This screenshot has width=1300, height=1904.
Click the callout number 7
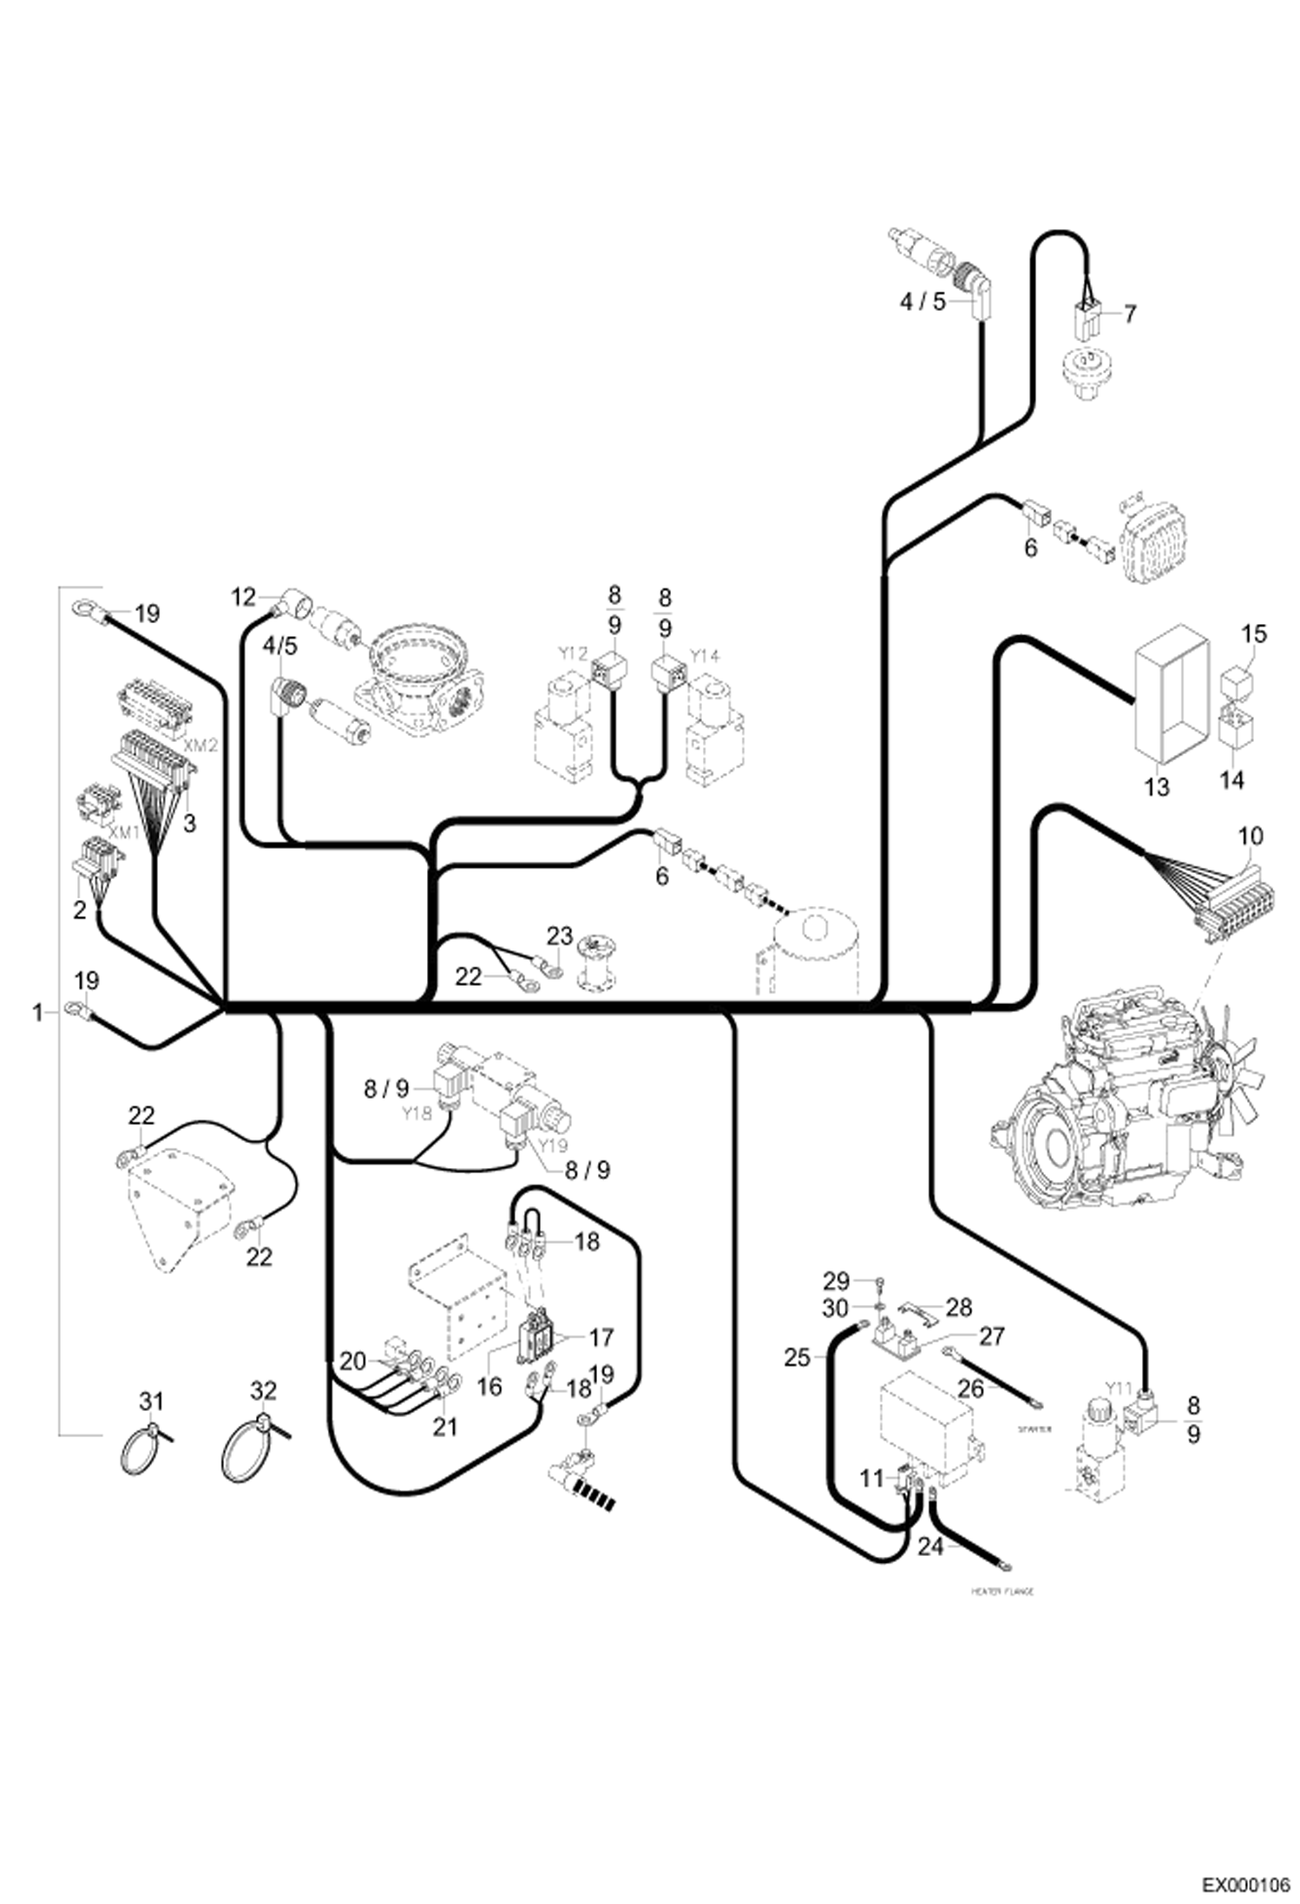click(1129, 313)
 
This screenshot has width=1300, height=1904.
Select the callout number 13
click(1157, 787)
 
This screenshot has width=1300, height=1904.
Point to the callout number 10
click(1251, 837)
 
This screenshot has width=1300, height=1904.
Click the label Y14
click(706, 657)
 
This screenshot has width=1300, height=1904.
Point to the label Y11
click(1119, 1389)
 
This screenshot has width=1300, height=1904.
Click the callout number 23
click(560, 936)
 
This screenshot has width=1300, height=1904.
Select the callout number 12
click(244, 597)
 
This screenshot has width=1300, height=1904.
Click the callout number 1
click(37, 1012)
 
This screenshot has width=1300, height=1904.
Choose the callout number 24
click(929, 1546)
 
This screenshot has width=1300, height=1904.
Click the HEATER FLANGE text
click(1002, 1592)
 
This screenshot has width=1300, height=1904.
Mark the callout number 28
click(959, 1307)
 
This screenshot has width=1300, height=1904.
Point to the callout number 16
click(489, 1387)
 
